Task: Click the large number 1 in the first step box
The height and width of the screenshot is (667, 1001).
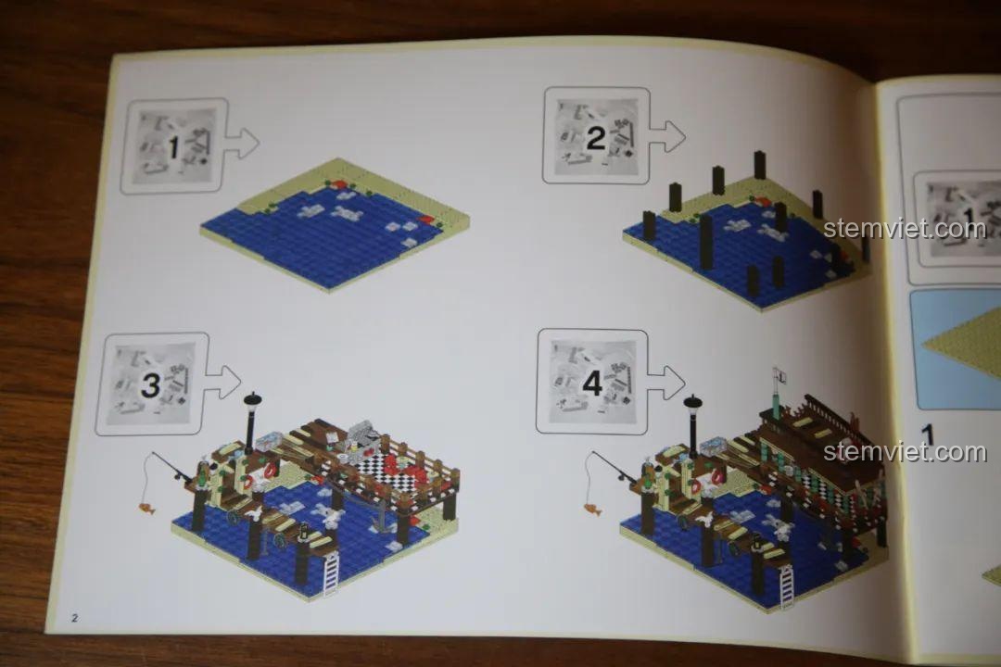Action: click(x=173, y=147)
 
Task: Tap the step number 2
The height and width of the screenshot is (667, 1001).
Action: click(x=596, y=139)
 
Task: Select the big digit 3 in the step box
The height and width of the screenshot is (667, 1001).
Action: click(x=150, y=385)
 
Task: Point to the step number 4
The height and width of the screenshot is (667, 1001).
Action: click(x=593, y=383)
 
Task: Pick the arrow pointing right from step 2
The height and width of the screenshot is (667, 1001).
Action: click(x=665, y=136)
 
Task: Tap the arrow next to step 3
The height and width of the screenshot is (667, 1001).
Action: click(x=222, y=383)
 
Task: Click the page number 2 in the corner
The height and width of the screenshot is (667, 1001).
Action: click(x=75, y=617)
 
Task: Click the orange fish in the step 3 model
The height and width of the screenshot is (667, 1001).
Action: click(x=146, y=508)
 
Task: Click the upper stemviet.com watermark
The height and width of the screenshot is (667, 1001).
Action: click(x=905, y=228)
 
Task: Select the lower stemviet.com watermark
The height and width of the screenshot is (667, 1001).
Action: click(x=905, y=452)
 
